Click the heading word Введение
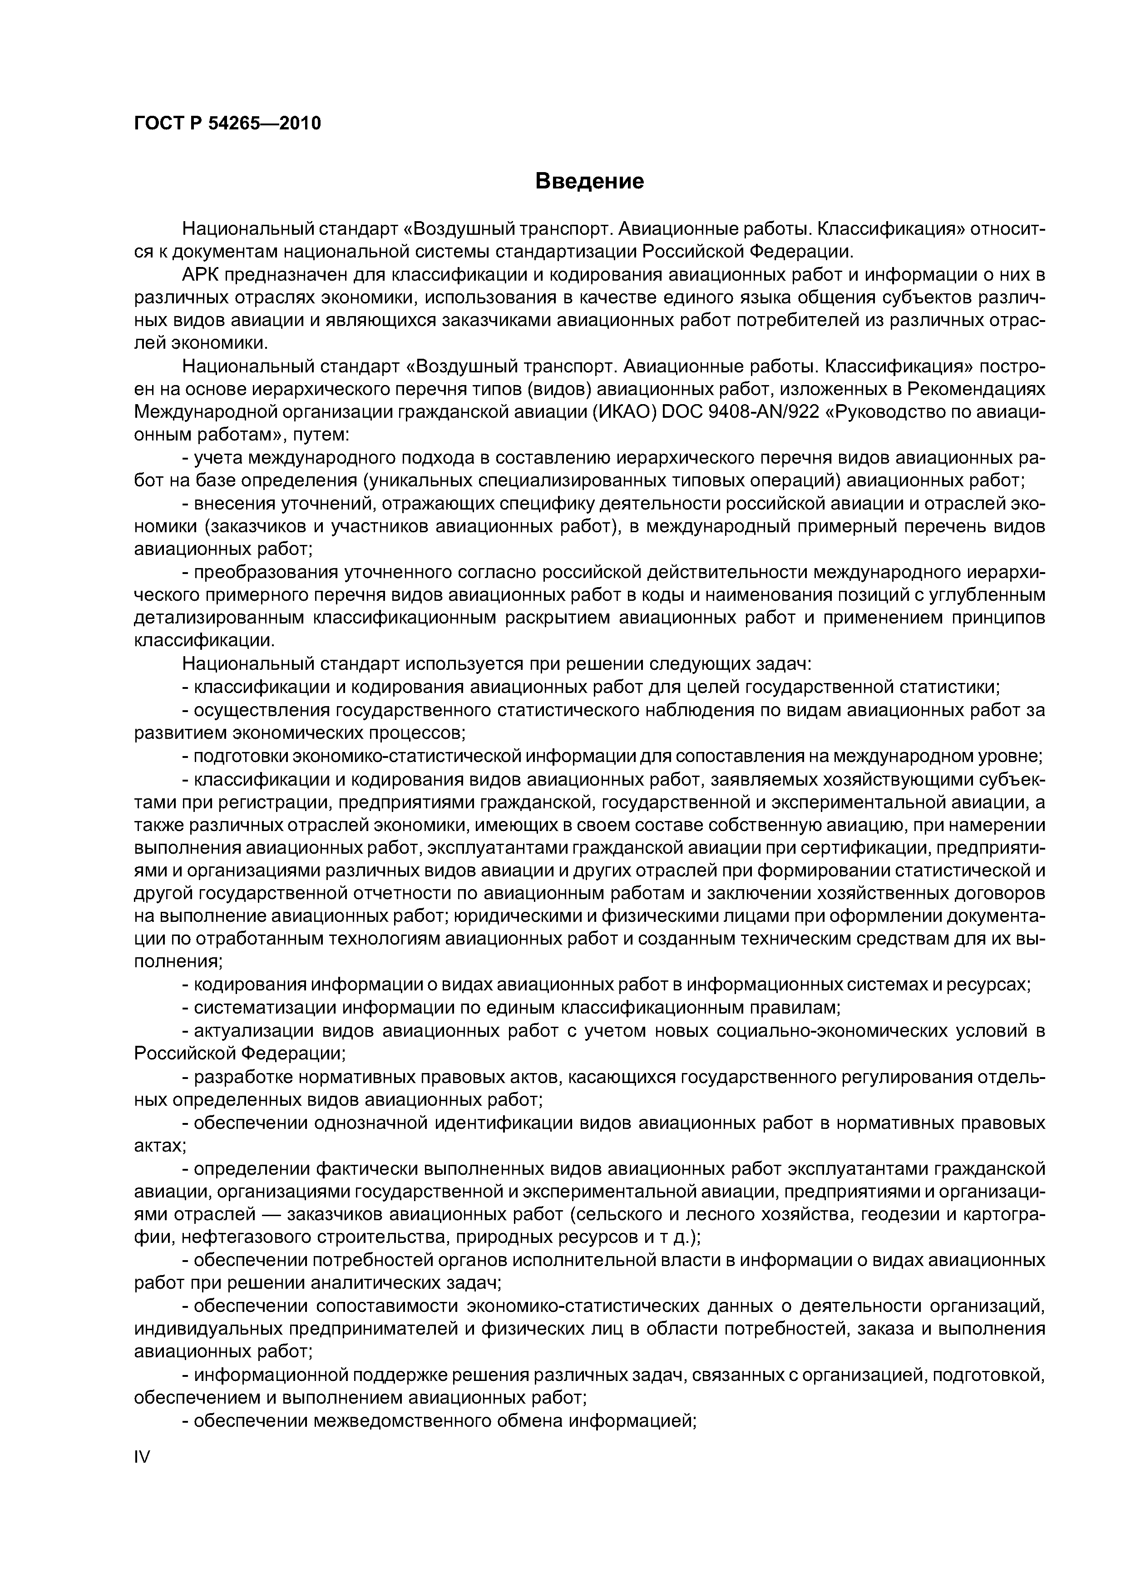(590, 182)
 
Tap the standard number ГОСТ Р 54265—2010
(227, 124)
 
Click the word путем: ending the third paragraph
(323, 435)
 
